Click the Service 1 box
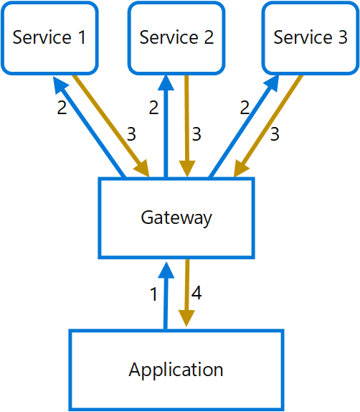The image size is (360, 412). point(49,37)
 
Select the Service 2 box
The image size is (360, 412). point(176,37)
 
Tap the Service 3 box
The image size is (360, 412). point(310,37)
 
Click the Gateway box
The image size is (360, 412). point(176,217)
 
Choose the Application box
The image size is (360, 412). point(176,370)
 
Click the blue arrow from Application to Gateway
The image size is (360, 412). point(166,294)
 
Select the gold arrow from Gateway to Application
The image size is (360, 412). point(187,294)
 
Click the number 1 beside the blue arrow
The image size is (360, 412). point(153,294)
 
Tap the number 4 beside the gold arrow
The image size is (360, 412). point(196,293)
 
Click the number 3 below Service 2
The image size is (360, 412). point(196,134)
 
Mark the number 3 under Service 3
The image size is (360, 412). point(275,134)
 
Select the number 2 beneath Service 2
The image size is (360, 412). point(153,108)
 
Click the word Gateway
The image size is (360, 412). point(176,217)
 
